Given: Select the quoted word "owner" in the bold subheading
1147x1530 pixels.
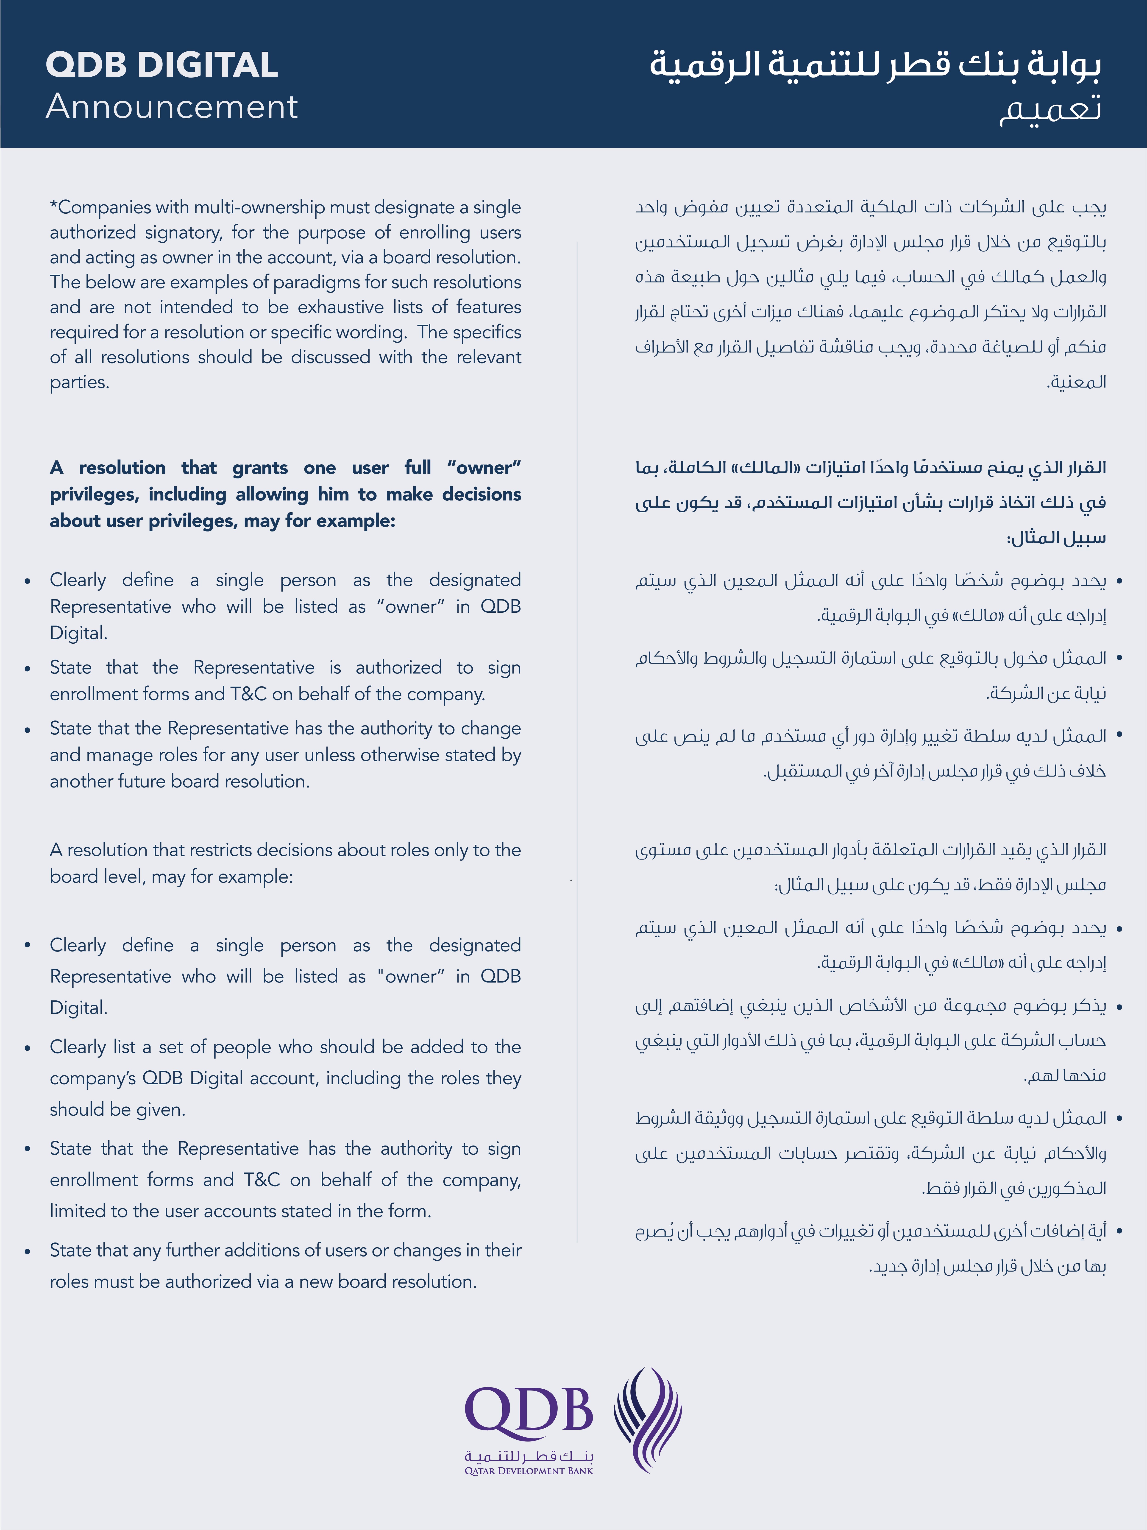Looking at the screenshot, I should [x=484, y=468].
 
